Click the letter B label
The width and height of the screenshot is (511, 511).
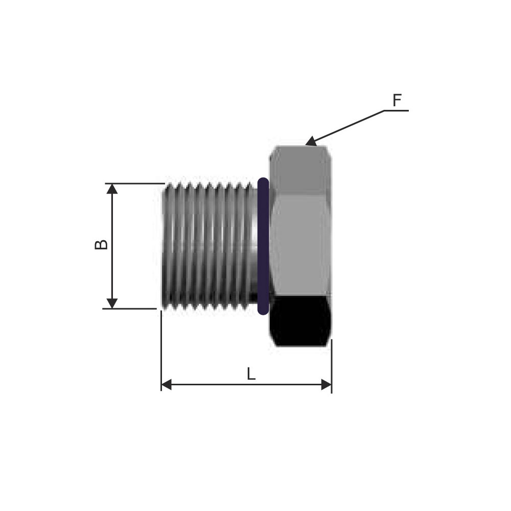point(101,245)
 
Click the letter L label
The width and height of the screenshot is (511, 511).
point(250,374)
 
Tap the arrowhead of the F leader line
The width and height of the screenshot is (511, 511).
point(311,142)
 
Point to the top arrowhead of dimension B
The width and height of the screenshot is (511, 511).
point(112,189)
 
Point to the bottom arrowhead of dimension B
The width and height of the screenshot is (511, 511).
point(112,304)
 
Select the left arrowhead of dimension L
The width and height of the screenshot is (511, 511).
point(166,385)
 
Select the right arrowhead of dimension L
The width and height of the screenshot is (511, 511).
point(326,385)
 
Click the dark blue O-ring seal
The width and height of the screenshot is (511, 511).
point(263,246)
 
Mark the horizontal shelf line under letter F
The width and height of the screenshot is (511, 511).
point(397,111)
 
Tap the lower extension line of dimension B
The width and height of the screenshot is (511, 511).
point(130,309)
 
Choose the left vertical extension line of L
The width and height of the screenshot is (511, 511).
point(161,351)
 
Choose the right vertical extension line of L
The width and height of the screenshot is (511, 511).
point(332,366)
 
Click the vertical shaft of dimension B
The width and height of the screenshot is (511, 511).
point(112,246)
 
